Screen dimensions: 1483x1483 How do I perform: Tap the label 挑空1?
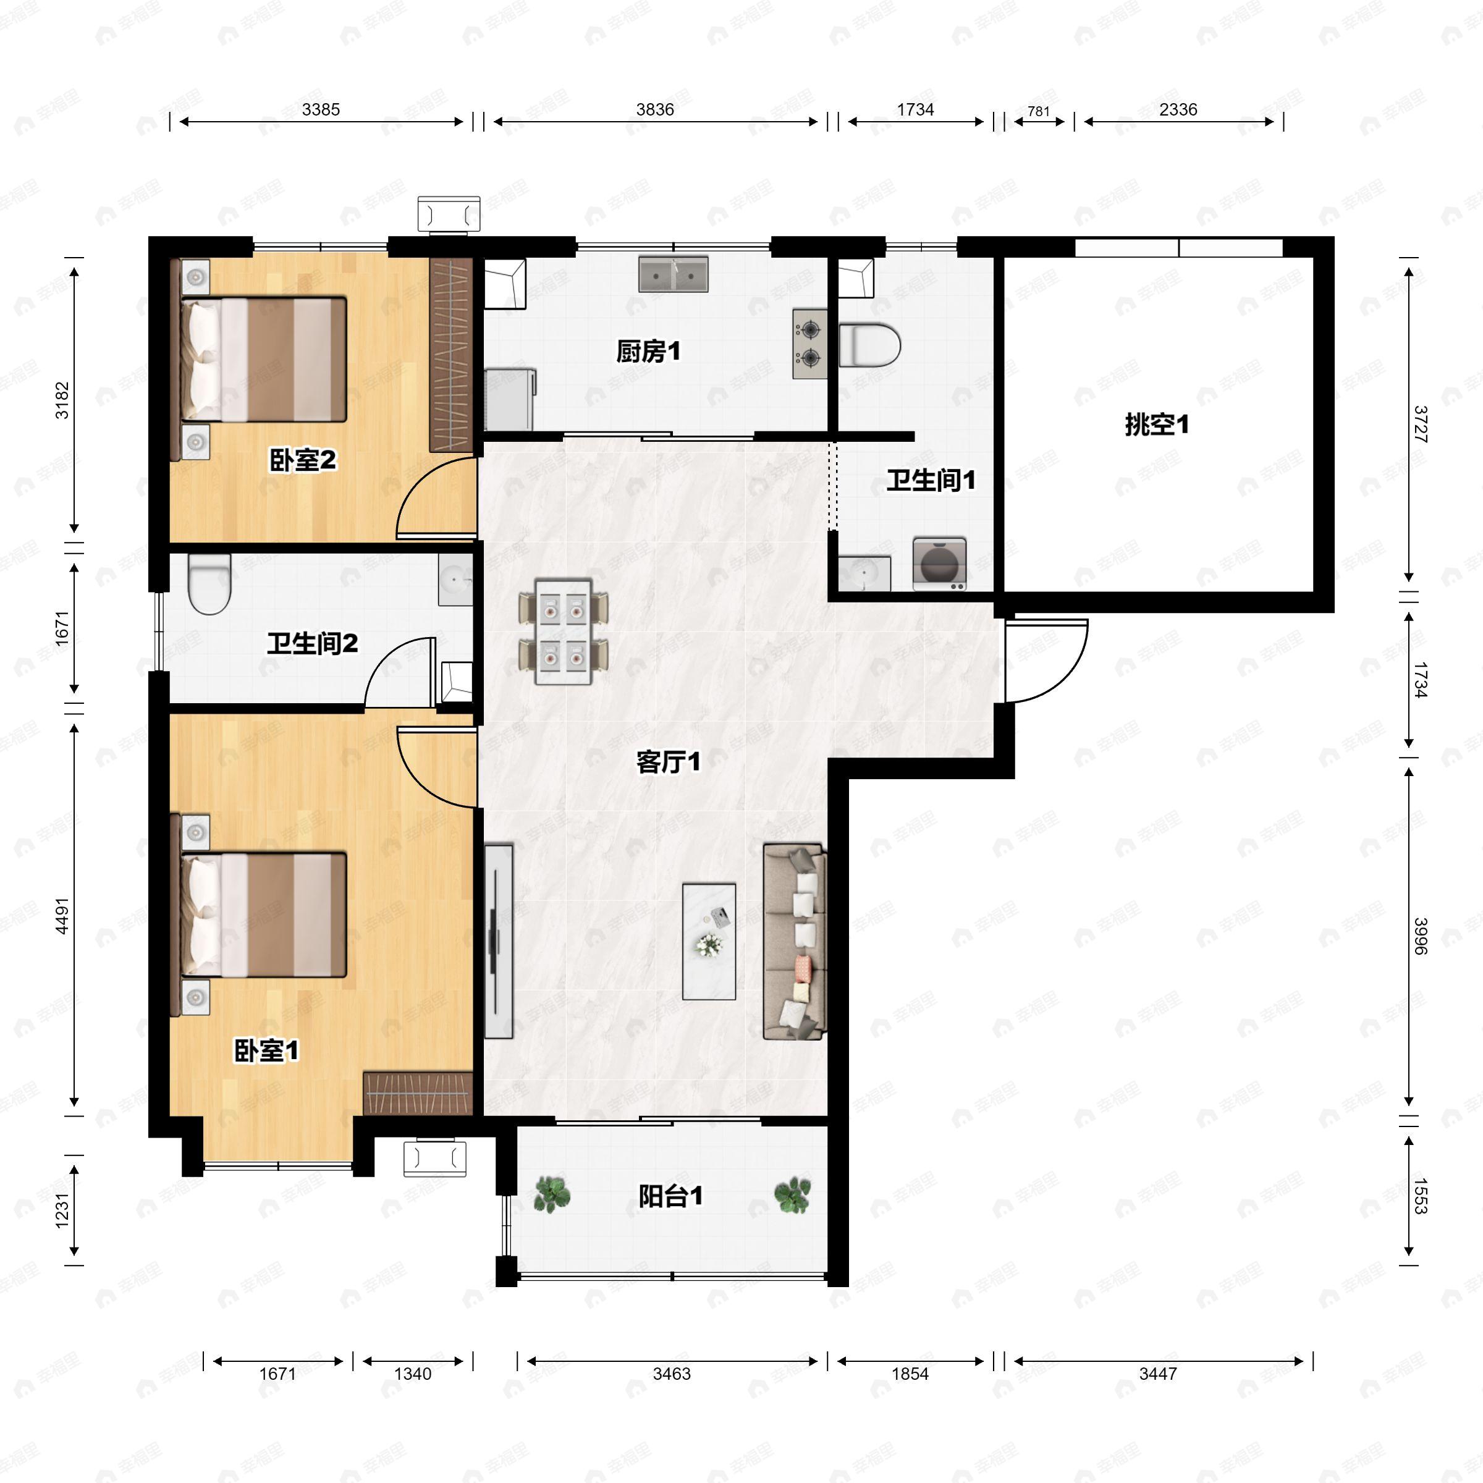[x=1157, y=425]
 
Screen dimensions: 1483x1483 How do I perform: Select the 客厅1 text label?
[x=668, y=761]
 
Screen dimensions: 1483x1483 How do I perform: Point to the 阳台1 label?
[x=670, y=1196]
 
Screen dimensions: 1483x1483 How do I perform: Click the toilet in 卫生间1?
[x=869, y=345]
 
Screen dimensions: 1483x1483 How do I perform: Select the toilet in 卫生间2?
[x=209, y=585]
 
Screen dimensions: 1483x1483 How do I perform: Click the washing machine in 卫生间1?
[x=939, y=564]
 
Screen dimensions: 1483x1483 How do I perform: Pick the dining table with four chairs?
[x=564, y=632]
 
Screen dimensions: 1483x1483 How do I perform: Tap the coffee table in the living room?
[x=709, y=941]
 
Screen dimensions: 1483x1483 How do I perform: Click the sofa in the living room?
[x=795, y=941]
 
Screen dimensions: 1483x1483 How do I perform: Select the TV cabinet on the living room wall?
[x=498, y=941]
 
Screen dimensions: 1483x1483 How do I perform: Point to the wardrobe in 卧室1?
[x=417, y=1093]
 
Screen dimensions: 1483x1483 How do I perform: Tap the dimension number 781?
[x=1038, y=111]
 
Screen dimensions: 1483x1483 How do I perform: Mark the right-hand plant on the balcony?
[x=792, y=1194]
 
